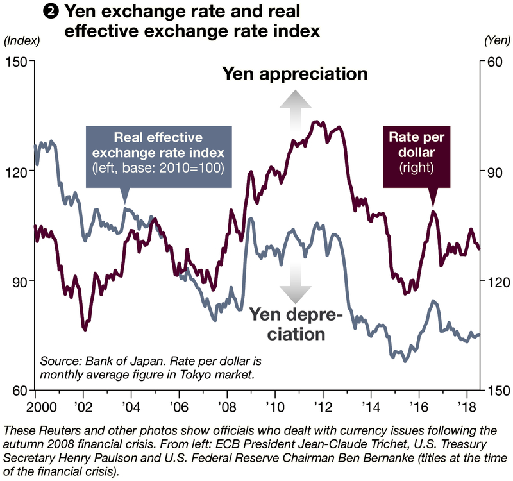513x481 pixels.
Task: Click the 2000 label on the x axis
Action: coord(21,407)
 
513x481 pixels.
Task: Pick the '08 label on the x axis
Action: coord(226,407)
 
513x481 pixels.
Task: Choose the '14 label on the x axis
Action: coord(371,407)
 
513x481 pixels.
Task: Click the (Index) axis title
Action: coord(22,40)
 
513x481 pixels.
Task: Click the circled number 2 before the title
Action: coord(50,11)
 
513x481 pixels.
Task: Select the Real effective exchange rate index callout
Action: coord(158,153)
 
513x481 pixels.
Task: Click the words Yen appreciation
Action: coord(295,74)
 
